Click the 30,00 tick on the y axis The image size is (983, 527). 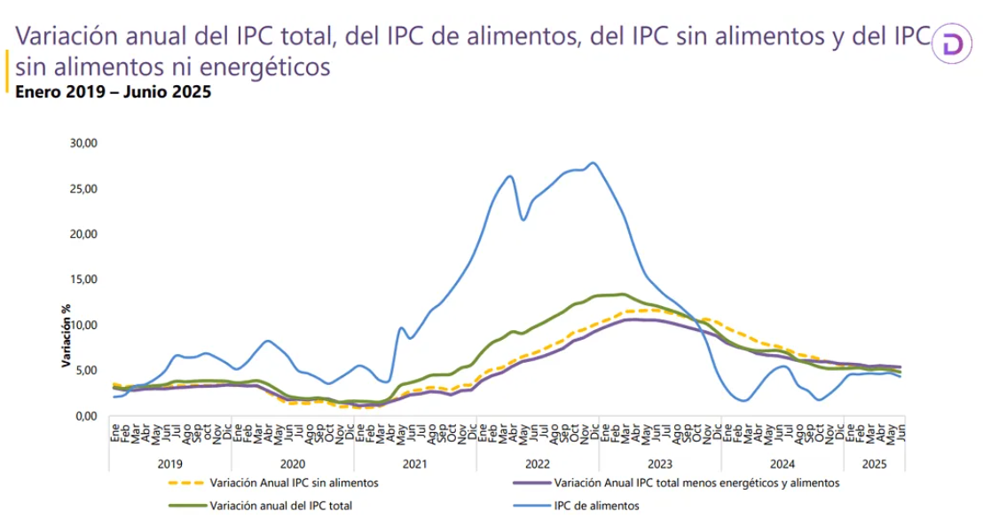pos(83,143)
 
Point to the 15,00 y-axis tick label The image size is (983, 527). pos(83,279)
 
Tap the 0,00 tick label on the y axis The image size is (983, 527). pos(85,415)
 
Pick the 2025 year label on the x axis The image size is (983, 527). pos(874,464)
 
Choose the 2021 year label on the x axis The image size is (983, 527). pos(414,464)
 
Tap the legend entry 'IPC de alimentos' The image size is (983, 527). pos(597,506)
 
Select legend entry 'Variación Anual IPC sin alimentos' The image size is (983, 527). pos(295,484)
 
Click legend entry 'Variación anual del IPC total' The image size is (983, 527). pos(282,506)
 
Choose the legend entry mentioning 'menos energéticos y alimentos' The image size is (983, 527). pos(696,484)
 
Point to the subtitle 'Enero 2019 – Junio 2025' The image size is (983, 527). pos(113,91)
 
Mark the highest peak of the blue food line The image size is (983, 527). pos(593,163)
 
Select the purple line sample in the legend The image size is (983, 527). pos(531,484)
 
